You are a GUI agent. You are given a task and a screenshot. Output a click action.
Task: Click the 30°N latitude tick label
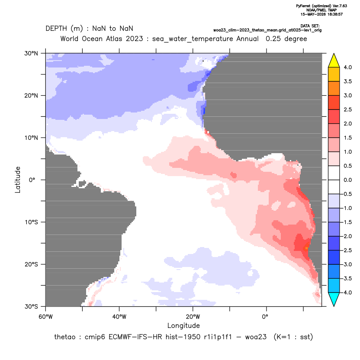[31, 54]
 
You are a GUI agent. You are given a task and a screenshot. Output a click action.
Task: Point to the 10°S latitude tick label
[31, 222]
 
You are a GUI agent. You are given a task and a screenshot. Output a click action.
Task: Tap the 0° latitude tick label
[32, 180]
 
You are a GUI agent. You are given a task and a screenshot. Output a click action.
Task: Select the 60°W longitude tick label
[46, 317]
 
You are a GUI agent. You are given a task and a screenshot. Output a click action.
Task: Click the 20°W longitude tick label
[193, 317]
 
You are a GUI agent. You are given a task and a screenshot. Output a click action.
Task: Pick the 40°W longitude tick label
[119, 317]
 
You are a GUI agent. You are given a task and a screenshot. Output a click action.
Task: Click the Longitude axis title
[183, 325]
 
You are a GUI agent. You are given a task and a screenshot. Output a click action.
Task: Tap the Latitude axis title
[18, 180]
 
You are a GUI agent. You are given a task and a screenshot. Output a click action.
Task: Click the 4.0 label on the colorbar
[347, 67]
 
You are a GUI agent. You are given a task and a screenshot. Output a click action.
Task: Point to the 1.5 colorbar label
[347, 138]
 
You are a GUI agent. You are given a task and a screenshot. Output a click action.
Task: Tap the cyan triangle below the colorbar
[334, 298]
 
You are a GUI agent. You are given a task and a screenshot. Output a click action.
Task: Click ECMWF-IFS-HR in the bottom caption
[135, 337]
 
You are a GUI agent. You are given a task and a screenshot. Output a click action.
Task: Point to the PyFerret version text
[321, 6]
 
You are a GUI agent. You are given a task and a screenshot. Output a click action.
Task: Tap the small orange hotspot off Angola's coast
[306, 248]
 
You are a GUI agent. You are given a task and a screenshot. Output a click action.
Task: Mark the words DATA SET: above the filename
[310, 26]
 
